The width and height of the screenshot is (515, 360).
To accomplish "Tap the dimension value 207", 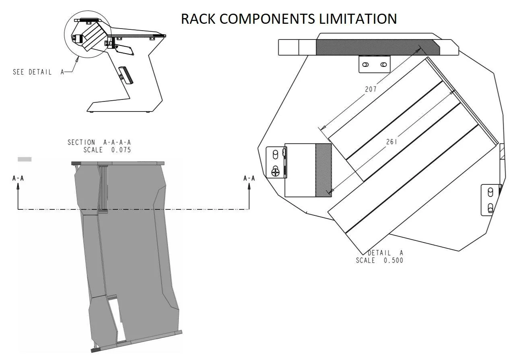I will click(371, 89).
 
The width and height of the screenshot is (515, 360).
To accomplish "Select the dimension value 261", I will click(391, 142).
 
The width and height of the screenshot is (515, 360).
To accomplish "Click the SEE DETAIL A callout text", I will click(38, 72).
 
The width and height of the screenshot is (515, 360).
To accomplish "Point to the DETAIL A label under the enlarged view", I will click(385, 253).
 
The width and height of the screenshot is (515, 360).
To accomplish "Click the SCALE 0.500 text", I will click(379, 261).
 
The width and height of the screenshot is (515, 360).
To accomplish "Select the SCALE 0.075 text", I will click(107, 150).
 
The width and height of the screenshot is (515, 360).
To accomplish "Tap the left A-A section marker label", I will click(18, 178).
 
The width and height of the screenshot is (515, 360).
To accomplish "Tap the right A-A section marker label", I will click(249, 178).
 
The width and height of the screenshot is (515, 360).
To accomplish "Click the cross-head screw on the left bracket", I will click(276, 172).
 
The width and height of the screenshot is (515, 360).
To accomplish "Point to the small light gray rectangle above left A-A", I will click(25, 159).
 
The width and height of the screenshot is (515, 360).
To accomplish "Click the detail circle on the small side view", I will click(87, 35).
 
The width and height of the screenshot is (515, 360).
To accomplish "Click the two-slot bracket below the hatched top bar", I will click(374, 64).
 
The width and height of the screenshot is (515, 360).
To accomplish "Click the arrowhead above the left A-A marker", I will click(18, 186).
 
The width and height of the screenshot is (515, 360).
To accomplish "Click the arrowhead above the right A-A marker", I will click(249, 186).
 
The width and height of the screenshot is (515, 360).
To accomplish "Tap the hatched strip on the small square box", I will click(323, 170).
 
